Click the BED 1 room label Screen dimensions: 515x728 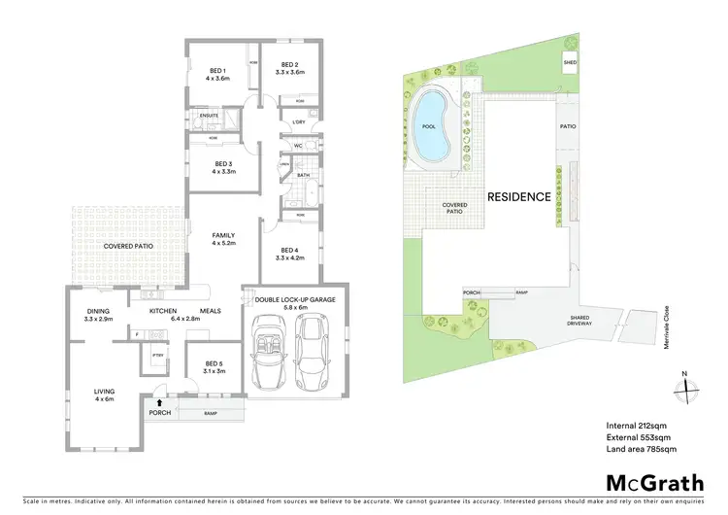click(x=217, y=71)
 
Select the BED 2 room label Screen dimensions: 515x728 click(x=290, y=66)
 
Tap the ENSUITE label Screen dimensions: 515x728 click(x=208, y=117)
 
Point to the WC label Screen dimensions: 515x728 click(x=299, y=147)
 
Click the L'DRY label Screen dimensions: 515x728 click(x=299, y=121)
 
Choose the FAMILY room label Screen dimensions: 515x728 click(x=224, y=235)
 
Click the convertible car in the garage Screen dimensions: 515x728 click(x=268, y=353)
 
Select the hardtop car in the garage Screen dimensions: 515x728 click(x=314, y=353)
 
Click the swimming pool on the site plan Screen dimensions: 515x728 click(x=428, y=127)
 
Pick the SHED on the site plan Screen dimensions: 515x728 click(x=570, y=63)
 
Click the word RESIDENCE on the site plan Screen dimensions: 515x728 click(x=518, y=196)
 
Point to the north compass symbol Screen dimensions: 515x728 click(x=684, y=387)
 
